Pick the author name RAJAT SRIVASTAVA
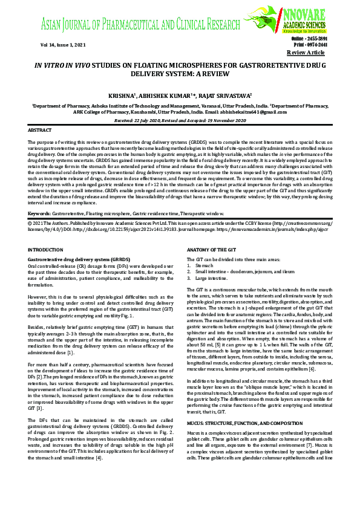pos(227,96)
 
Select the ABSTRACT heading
pos(41,130)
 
